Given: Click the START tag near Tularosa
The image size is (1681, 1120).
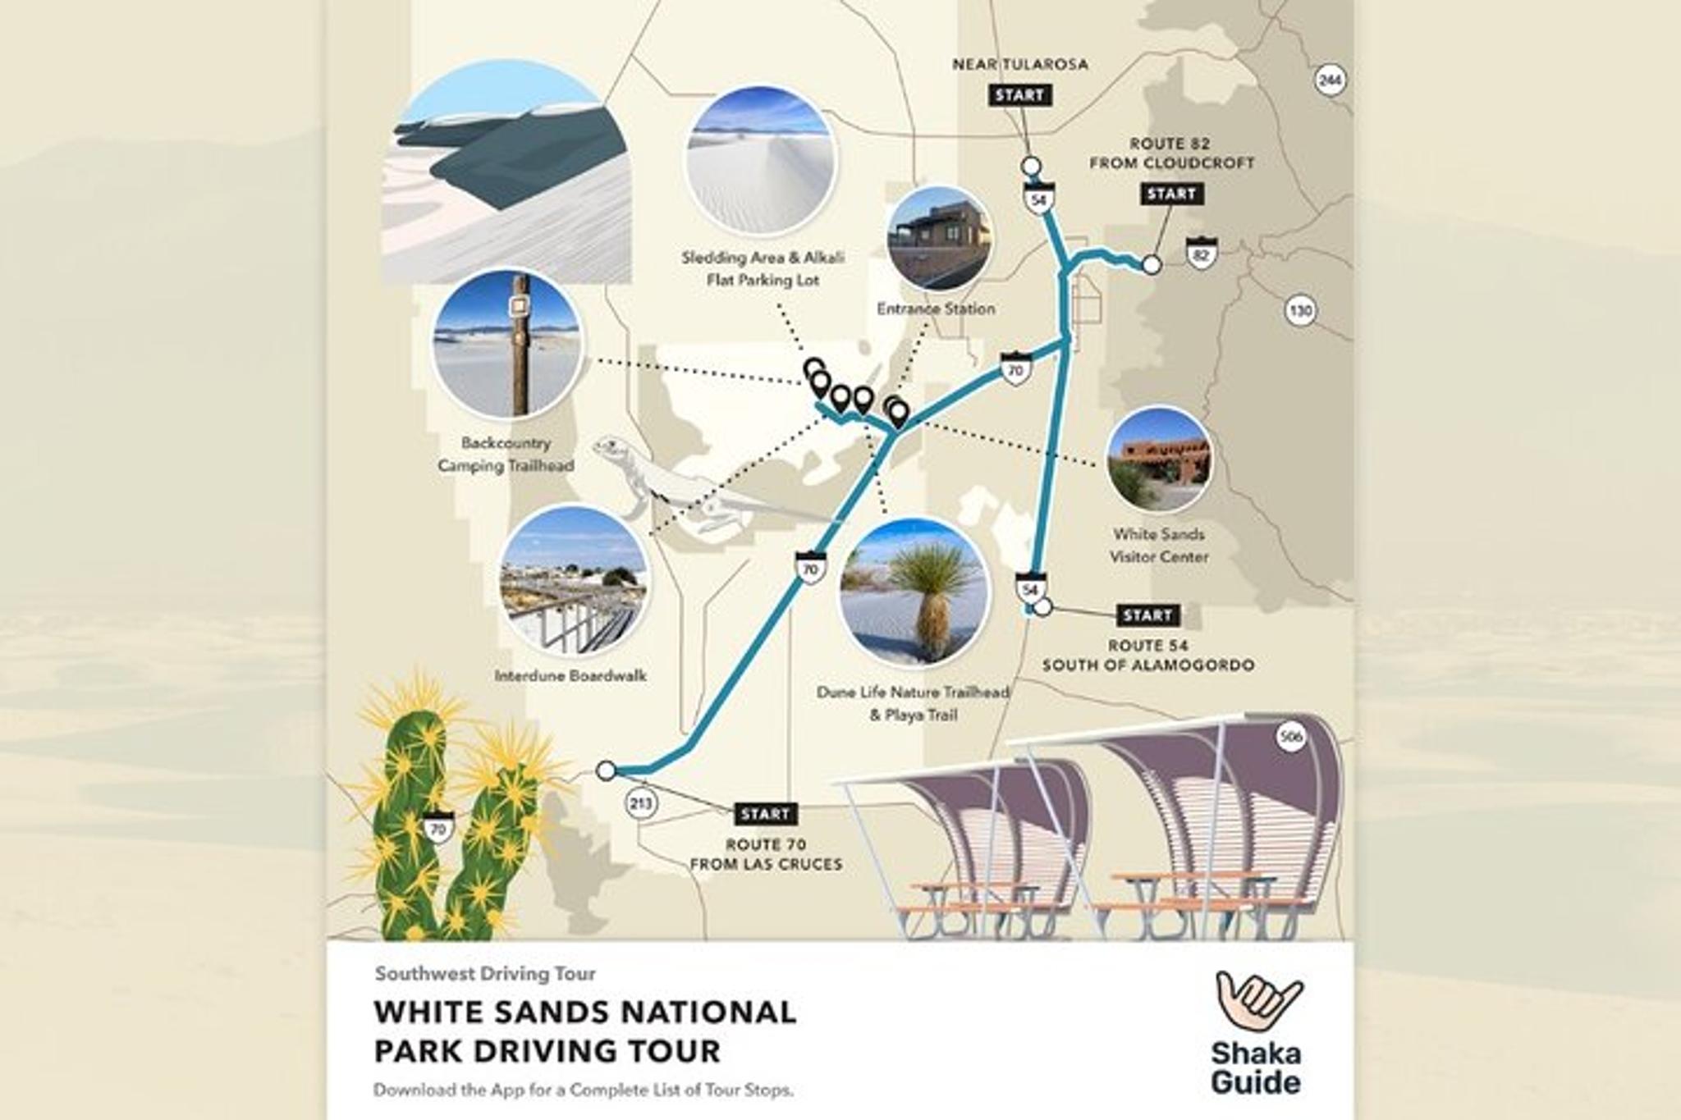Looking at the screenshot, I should click(1019, 95).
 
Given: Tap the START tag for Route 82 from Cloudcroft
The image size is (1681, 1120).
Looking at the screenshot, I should click(1171, 194).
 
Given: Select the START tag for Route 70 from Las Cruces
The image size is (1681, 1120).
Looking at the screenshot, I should click(765, 814).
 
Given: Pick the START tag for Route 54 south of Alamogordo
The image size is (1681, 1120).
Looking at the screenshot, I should click(1147, 615).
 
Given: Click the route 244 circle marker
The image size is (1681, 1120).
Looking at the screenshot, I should click(1330, 80).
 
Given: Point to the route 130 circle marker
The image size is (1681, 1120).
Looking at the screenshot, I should click(1300, 311).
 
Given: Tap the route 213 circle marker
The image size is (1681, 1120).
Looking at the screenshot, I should click(640, 802).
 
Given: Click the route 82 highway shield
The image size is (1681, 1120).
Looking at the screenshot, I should click(1202, 254).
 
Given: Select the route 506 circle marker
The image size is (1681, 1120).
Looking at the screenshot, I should click(1291, 737).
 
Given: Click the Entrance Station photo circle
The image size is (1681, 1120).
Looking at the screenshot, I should click(939, 240).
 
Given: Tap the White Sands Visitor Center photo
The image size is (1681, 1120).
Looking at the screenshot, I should click(1159, 460).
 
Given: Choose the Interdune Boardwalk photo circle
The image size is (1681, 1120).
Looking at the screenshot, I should click(573, 580).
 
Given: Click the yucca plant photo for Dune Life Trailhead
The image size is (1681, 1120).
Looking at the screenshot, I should click(912, 592).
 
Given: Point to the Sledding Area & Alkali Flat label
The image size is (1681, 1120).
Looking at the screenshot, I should click(763, 268).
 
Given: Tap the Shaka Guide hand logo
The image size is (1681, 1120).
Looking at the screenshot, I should click(1258, 1000).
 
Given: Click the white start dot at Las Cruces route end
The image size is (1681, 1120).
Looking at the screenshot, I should click(606, 770).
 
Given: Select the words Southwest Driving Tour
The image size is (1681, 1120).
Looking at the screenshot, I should click(485, 974).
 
